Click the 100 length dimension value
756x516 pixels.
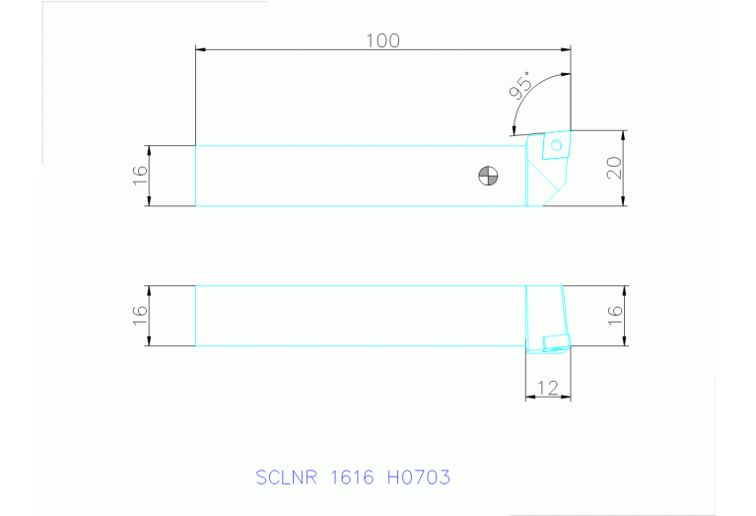[x=382, y=40]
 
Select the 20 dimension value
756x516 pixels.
[x=614, y=168]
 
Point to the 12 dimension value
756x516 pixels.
[x=549, y=388]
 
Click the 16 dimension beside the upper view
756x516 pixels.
[x=140, y=176]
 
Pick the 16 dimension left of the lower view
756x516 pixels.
[x=140, y=316]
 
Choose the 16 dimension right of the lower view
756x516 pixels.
[x=614, y=316]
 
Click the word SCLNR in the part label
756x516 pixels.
[x=287, y=479]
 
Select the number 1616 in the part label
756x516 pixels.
[x=352, y=479]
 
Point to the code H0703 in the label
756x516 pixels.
[x=419, y=479]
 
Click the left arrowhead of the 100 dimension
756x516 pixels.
[x=201, y=49]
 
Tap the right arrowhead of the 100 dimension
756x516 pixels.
[x=566, y=49]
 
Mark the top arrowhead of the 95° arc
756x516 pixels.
[x=565, y=74]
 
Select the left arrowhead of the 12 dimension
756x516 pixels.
[x=530, y=397]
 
